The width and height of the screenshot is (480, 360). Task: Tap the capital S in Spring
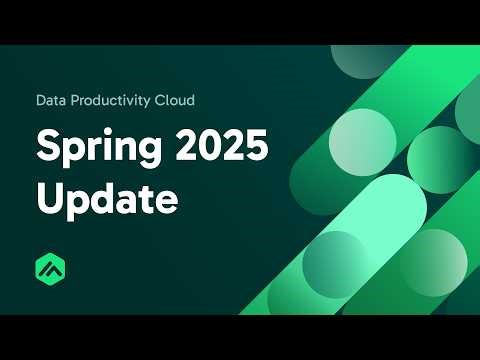click(47, 147)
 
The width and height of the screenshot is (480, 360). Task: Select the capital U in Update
click(49, 196)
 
